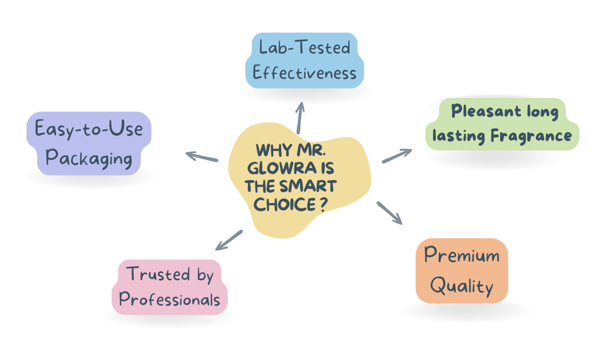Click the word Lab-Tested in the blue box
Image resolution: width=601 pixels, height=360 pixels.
[x=305, y=47]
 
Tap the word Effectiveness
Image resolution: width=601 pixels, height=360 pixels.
[x=305, y=72]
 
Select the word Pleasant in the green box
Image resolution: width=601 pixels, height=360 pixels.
[x=486, y=111]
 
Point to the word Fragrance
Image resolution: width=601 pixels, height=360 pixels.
[x=531, y=135]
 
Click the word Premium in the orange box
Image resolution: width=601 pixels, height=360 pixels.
[x=461, y=254]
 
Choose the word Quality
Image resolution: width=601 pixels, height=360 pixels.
[x=461, y=286]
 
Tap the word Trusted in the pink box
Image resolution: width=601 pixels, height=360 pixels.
[x=158, y=274]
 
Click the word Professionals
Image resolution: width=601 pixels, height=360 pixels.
[x=170, y=299]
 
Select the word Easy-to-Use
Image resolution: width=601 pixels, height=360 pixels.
[x=89, y=129]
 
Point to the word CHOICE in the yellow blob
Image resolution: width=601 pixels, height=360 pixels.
[x=285, y=205]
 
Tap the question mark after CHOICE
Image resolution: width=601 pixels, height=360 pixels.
[x=324, y=205]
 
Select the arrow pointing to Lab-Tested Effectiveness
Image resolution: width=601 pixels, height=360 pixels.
[x=300, y=117]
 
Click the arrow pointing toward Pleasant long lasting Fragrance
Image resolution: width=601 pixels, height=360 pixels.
[x=397, y=156]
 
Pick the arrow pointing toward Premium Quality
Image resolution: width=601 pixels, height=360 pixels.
[x=390, y=213]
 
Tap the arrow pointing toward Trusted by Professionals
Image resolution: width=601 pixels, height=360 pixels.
[x=229, y=240]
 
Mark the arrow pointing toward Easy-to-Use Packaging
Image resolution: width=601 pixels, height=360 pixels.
[x=202, y=156]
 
